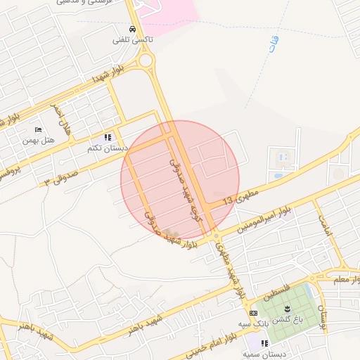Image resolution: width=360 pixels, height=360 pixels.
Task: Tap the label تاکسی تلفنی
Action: [x=132, y=41]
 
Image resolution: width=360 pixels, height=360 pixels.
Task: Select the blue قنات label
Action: [x=271, y=47]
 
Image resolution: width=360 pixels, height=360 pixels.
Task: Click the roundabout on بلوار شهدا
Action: [x=146, y=60]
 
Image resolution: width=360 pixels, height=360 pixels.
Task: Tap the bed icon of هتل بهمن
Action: [x=38, y=129]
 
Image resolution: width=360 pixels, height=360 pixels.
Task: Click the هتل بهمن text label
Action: [x=39, y=140]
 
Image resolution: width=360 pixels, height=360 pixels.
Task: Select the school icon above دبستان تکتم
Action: [x=108, y=138]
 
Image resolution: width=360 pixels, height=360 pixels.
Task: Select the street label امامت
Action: [x=323, y=226]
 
